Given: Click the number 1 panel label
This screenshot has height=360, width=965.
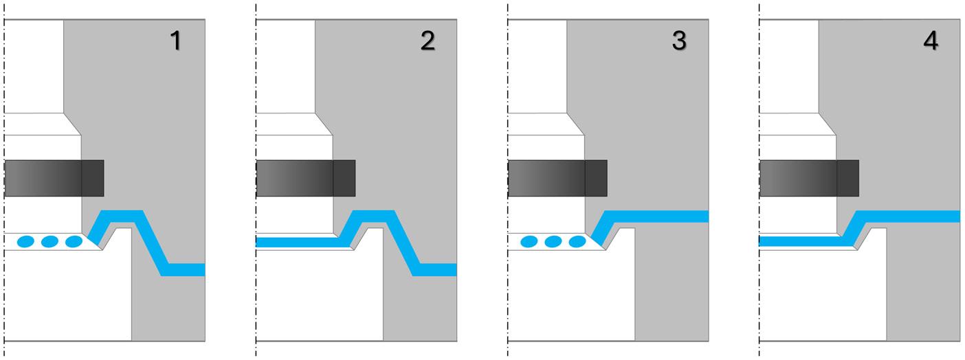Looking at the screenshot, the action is point(176,41).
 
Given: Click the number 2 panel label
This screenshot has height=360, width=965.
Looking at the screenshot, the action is point(428,41).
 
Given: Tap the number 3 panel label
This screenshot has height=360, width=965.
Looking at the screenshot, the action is point(679,41).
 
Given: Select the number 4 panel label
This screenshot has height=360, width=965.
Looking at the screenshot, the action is point(931,41).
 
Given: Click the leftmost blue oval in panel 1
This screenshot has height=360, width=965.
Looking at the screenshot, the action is point(26,241).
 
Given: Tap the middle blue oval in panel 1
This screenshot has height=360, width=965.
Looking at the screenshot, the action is point(49,241).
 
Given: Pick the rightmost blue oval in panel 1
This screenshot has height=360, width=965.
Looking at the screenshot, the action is point(73,241).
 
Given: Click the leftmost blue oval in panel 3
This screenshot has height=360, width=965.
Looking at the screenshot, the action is point(529,241).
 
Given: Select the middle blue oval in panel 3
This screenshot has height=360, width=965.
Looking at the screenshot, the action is point(553,241).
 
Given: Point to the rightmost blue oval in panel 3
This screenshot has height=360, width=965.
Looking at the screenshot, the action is point(577,241).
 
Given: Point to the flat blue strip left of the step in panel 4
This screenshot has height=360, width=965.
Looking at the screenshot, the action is point(801,241).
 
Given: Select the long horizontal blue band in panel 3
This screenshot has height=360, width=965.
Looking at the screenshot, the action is point(660,216).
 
